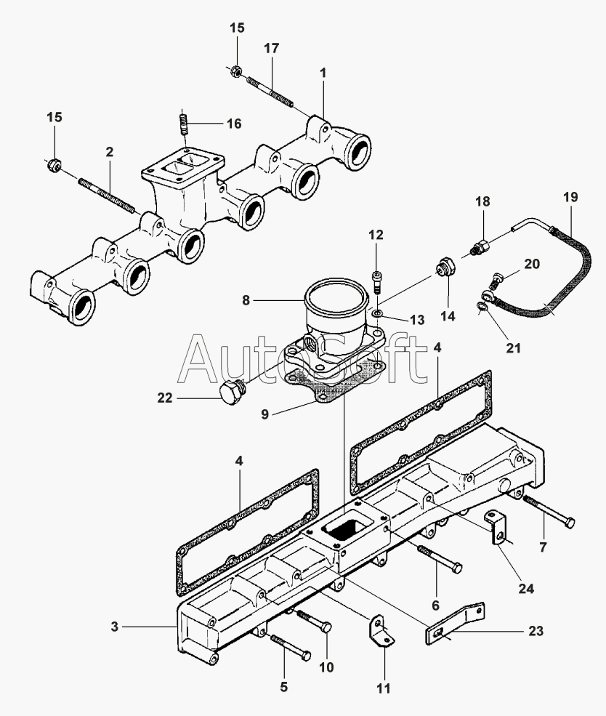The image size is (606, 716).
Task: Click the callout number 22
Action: [165, 398]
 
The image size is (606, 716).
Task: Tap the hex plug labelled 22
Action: [231, 393]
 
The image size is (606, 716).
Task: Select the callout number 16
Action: [234, 124]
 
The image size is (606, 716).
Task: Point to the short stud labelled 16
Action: [183, 124]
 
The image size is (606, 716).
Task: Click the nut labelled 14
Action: [445, 267]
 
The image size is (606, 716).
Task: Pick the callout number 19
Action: [570, 197]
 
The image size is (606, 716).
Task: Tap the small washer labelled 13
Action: [377, 313]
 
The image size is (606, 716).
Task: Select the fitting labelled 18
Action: [480, 246]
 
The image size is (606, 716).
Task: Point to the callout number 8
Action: [246, 300]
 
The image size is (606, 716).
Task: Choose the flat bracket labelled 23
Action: [454, 623]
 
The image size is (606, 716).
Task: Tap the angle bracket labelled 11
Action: [381, 632]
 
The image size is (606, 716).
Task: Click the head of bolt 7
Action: [569, 523]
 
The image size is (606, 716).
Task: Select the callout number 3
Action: [114, 627]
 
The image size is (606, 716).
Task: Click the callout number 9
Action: [265, 414]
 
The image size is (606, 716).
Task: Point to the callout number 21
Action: [514, 348]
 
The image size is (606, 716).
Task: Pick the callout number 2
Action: [110, 152]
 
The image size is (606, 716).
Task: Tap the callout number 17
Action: [272, 48]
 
